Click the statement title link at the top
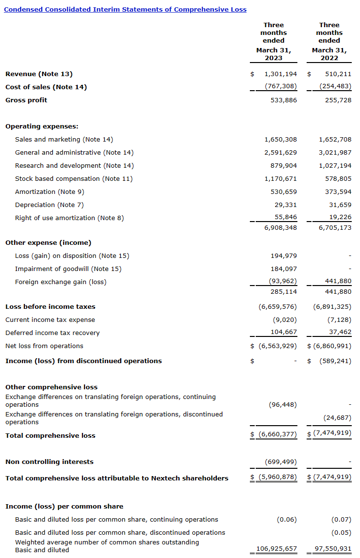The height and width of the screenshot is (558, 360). point(125,9)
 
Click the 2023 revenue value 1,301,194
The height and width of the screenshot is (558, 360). point(280,74)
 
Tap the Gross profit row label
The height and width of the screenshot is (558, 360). point(26,100)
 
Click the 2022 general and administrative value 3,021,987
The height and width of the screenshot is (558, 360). point(335,153)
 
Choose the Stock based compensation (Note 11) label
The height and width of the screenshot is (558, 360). point(74,179)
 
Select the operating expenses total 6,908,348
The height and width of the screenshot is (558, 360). point(280,227)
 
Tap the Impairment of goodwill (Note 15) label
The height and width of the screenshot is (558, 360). point(68,269)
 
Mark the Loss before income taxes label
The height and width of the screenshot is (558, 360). point(50,307)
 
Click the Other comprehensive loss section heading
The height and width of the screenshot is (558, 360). point(51,387)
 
